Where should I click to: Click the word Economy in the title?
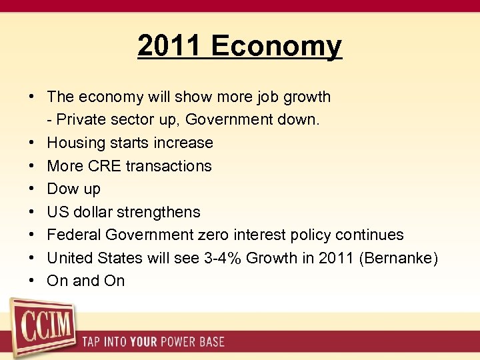pos(277,47)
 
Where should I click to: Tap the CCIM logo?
pos(41,328)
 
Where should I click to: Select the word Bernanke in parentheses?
pos(398,258)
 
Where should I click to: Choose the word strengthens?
pos(159,212)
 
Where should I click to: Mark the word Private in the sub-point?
pos(82,120)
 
